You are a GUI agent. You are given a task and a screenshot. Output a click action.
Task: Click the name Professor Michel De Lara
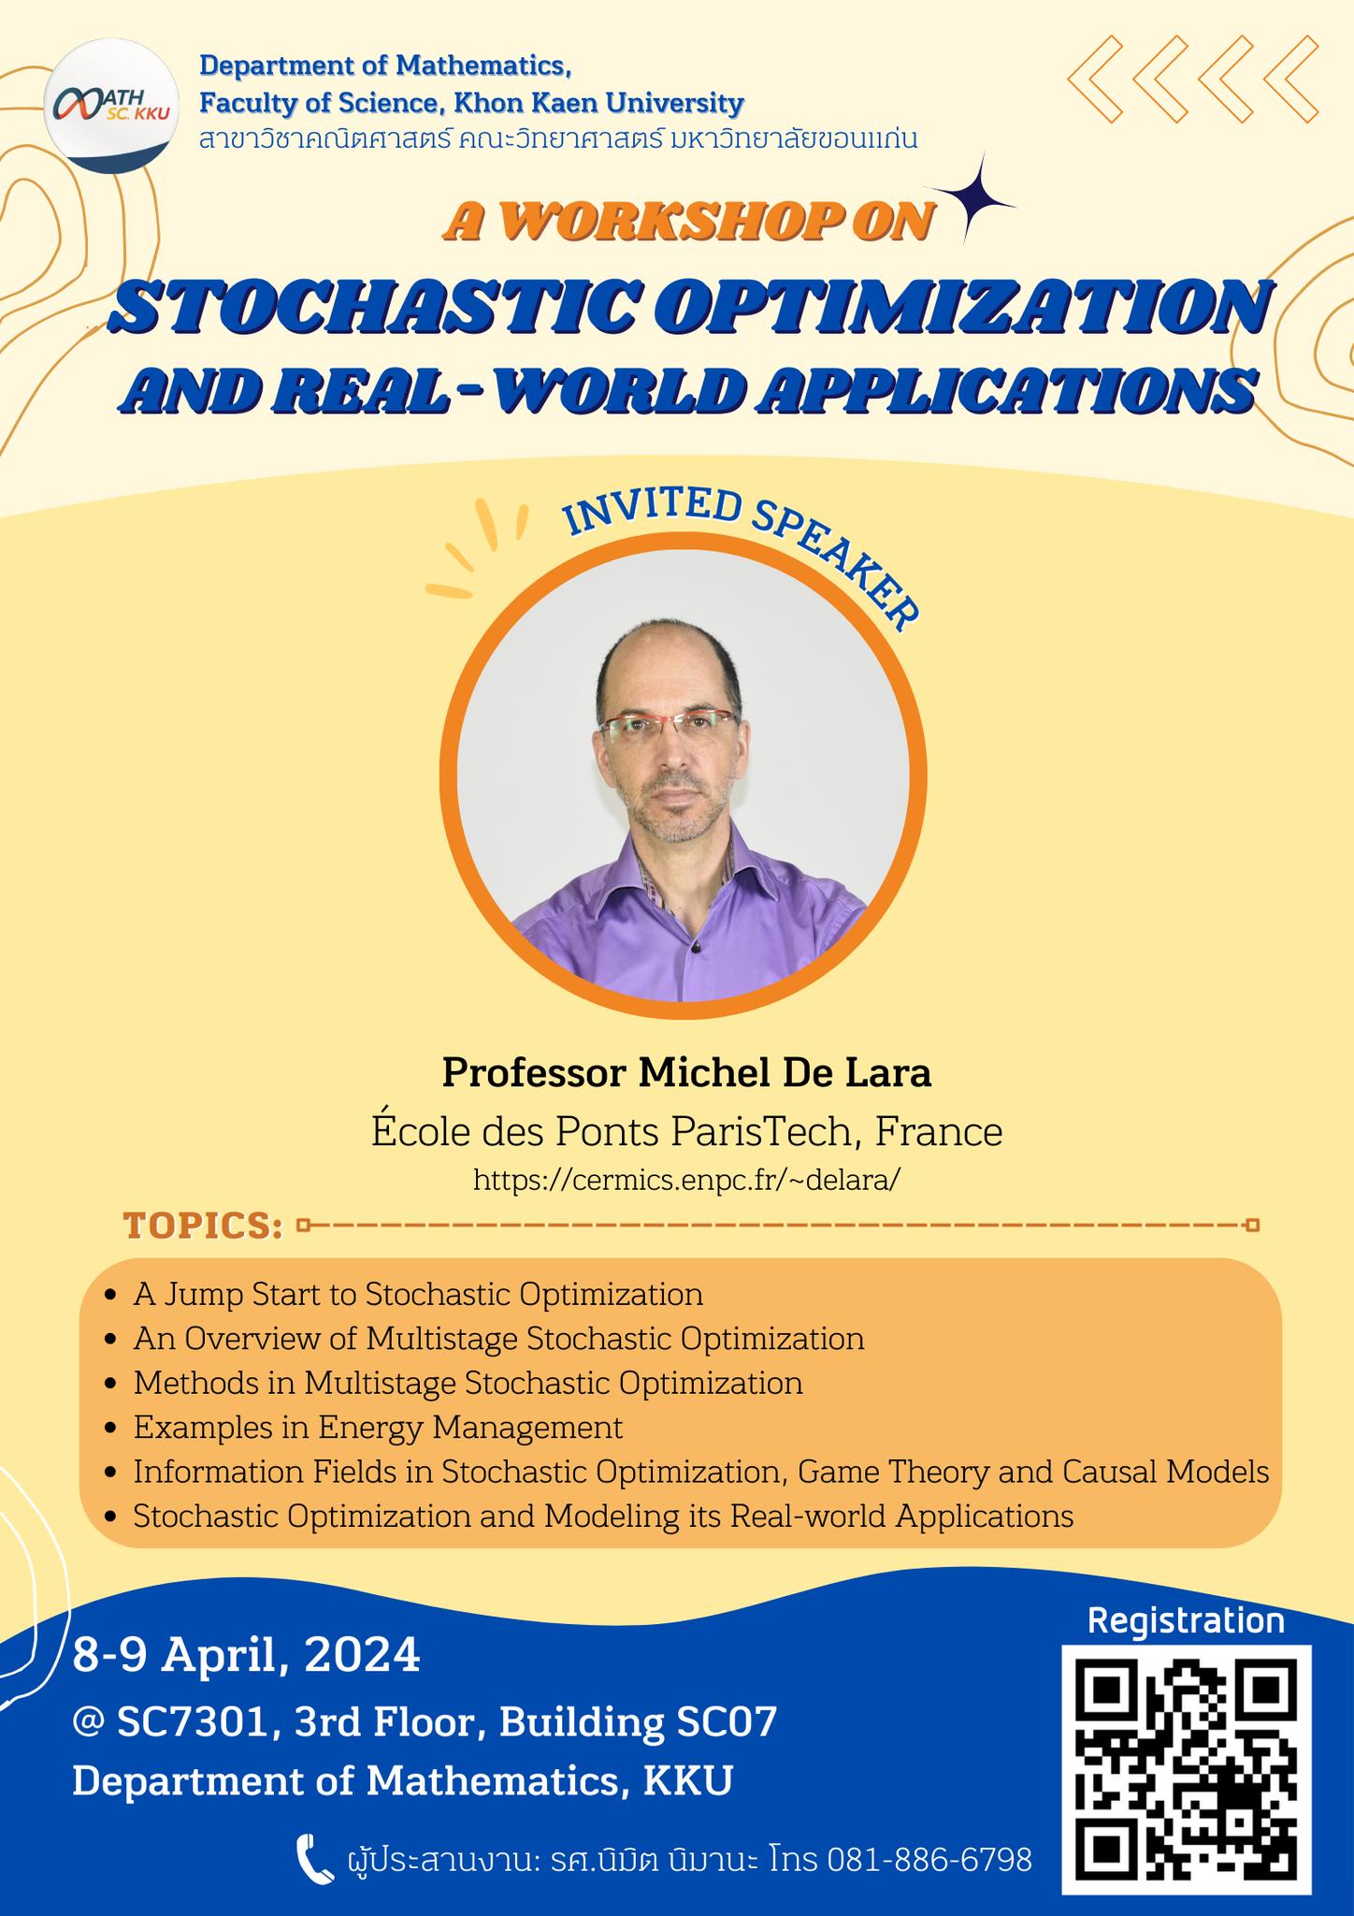click(687, 1073)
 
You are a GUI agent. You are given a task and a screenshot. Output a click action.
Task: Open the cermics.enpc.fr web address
click(687, 1179)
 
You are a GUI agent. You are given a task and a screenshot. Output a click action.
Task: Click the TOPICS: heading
click(203, 1225)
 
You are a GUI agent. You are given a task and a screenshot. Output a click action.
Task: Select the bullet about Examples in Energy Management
click(378, 1428)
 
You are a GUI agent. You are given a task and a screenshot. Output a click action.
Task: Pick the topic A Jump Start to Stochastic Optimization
click(418, 1295)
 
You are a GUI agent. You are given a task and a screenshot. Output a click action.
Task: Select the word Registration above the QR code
click(1187, 1619)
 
